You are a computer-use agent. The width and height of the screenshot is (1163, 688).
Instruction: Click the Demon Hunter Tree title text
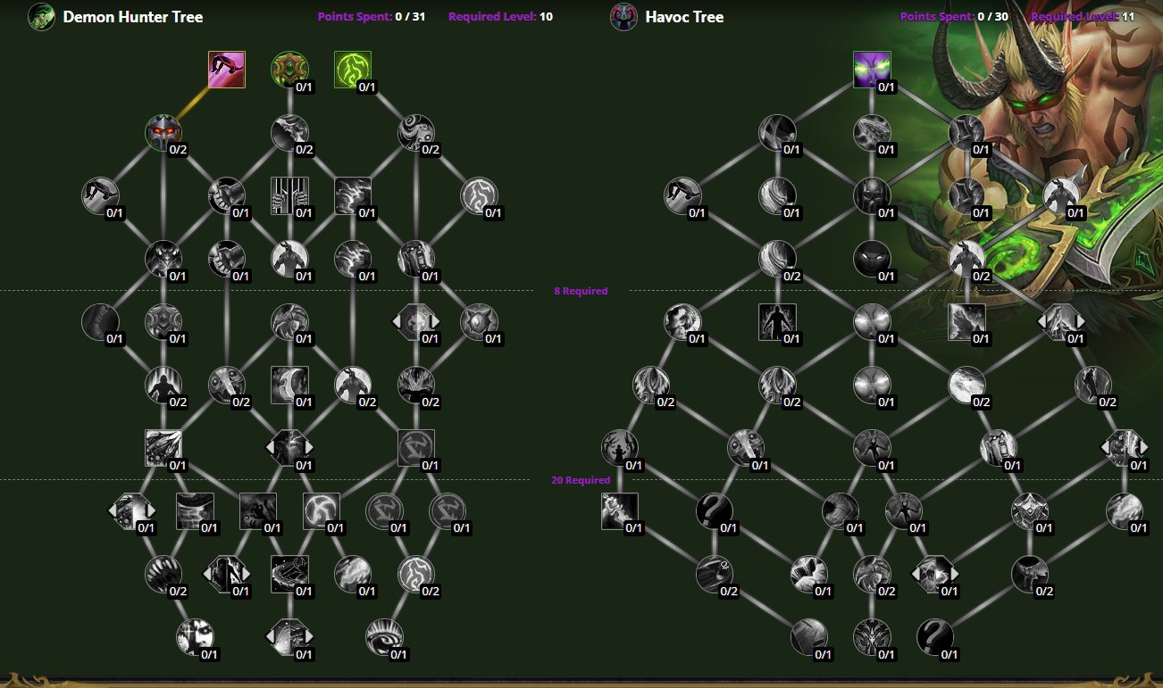[132, 17]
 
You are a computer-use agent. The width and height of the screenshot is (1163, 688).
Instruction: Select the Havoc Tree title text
[684, 17]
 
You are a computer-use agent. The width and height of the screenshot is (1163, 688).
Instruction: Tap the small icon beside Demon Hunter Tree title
[41, 17]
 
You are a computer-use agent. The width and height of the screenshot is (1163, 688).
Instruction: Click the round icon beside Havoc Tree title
[623, 17]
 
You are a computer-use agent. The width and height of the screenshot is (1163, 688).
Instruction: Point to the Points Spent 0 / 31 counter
[371, 17]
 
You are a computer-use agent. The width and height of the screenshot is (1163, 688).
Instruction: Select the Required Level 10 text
[500, 17]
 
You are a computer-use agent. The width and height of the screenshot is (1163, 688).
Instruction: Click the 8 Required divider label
[581, 291]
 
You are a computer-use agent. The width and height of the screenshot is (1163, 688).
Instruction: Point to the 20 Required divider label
[581, 480]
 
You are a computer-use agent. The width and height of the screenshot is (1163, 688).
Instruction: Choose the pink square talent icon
[226, 70]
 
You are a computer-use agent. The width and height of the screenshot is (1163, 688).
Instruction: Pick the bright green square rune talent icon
[352, 69]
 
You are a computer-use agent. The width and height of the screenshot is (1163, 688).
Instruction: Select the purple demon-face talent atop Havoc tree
[872, 69]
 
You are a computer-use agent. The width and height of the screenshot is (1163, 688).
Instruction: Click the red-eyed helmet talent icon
[163, 132]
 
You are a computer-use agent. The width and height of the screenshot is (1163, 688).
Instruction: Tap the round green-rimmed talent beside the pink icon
[289, 69]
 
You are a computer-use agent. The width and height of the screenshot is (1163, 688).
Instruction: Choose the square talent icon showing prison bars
[289, 195]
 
